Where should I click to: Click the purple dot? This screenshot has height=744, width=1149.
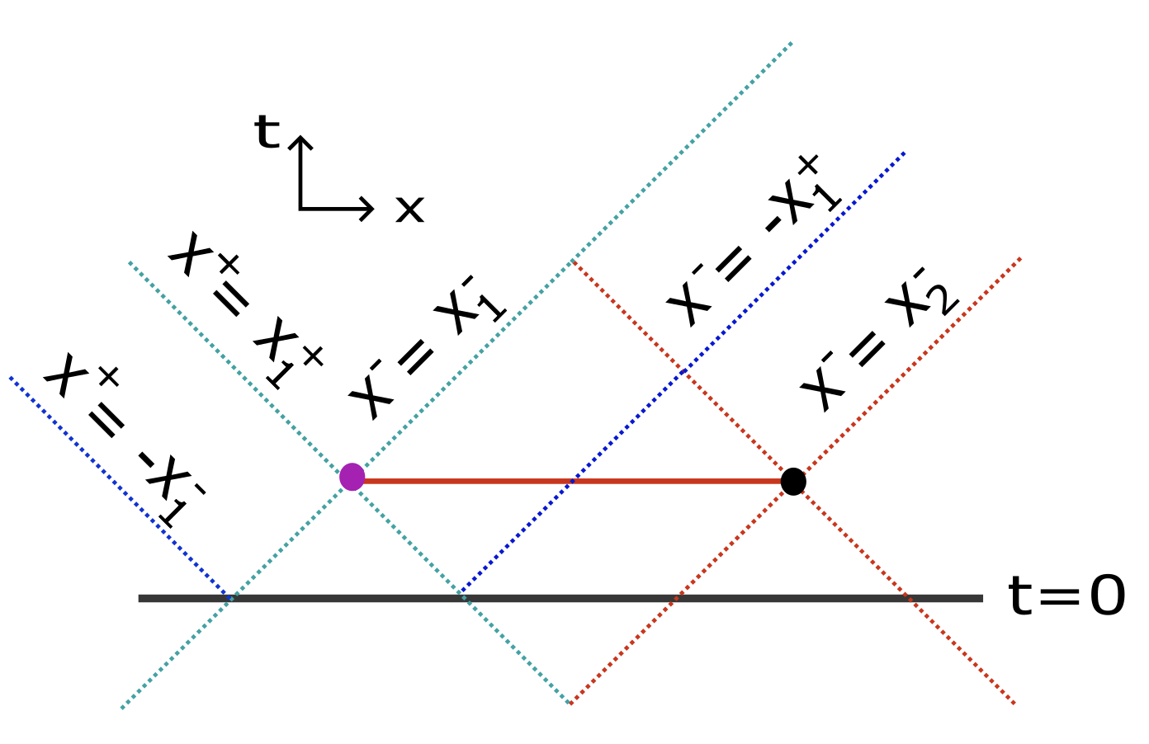click(x=352, y=477)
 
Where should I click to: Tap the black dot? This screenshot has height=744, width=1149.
click(x=793, y=481)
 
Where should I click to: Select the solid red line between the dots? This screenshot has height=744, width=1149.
click(x=495, y=480)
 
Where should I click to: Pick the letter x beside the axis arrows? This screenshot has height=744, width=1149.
click(x=409, y=210)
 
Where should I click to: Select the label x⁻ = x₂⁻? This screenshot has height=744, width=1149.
click(x=879, y=338)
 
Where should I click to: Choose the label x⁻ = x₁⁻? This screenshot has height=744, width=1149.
click(x=425, y=346)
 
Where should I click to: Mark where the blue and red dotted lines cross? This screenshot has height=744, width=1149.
click(x=684, y=373)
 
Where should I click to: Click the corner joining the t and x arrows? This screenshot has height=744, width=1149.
click(x=300, y=208)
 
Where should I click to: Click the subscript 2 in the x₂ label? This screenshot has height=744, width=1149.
click(x=941, y=305)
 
